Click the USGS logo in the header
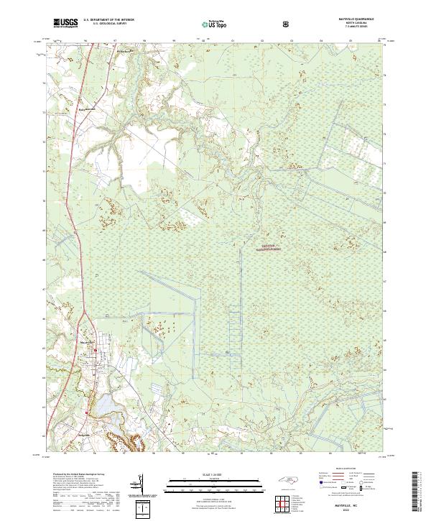point(67,24)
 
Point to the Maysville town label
point(85,342)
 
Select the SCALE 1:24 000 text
point(215,474)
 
